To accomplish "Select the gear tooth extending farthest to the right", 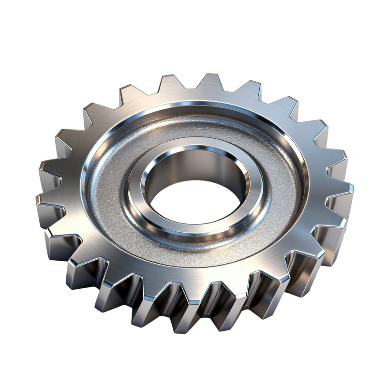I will pyautogui.click(x=341, y=189).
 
